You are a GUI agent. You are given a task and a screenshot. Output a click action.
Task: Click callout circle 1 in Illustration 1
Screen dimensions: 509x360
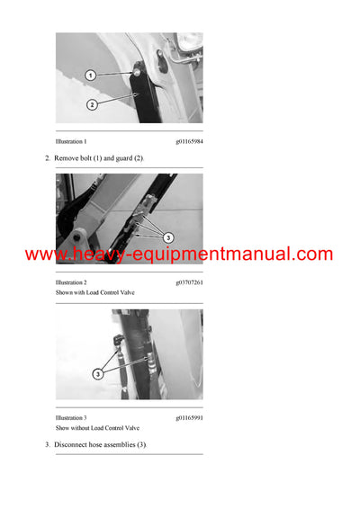coord(91,76)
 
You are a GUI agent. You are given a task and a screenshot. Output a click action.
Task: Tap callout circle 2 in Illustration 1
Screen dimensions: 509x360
coord(91,104)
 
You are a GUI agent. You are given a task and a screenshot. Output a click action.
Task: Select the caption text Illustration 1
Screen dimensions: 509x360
coord(71,141)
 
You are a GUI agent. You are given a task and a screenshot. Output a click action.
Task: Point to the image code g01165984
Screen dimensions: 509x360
coord(189,141)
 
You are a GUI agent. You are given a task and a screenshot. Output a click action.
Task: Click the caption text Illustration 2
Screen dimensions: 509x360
coord(71,281)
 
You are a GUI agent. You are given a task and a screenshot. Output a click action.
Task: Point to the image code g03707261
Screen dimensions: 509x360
coord(189,281)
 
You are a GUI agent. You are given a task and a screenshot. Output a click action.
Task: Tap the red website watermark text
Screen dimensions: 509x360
coord(179,254)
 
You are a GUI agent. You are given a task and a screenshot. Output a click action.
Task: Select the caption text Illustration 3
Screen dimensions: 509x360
coord(71,418)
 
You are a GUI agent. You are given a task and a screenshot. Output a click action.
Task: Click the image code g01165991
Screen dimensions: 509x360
coord(189,418)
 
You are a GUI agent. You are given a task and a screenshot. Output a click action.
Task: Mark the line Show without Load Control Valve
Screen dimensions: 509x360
coord(98,430)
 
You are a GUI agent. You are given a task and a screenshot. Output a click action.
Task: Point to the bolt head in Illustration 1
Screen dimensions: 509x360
coord(134,71)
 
